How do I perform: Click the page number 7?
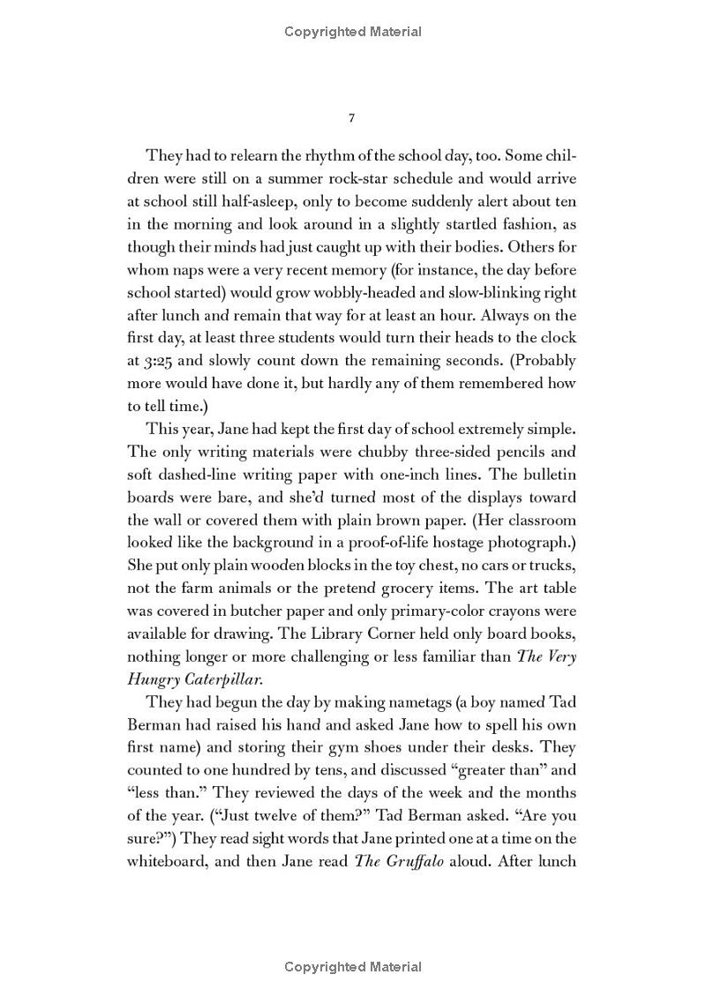pos(352,117)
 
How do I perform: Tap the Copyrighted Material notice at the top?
pos(353,32)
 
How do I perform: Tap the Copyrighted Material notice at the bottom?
pos(353,967)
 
